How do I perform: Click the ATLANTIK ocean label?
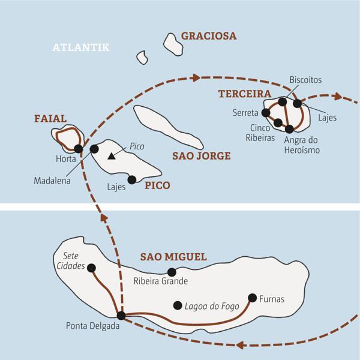click(81, 47)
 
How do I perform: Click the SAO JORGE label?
click(202, 156)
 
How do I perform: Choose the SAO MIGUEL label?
click(173, 257)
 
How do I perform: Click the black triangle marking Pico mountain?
click(110, 157)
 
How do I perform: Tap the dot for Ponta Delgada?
click(121, 315)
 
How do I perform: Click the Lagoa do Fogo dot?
click(177, 305)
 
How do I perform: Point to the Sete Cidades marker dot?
click(92, 268)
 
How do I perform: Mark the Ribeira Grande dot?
click(171, 272)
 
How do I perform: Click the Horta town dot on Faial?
click(78, 149)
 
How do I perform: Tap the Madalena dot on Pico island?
click(94, 149)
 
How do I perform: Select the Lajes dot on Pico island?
click(133, 179)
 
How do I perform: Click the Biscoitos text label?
click(305, 79)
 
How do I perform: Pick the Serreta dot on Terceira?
click(266, 112)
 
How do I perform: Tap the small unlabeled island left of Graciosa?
click(143, 57)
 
